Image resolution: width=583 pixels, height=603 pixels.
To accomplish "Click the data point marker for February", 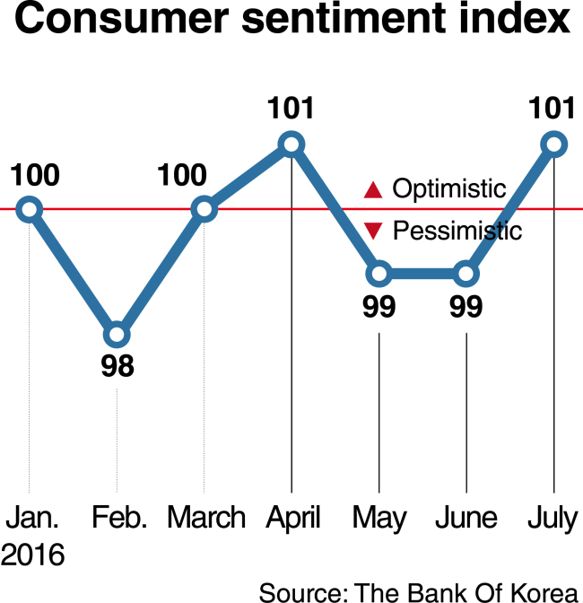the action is tap(117, 335).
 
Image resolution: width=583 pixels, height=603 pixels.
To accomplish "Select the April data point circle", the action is tap(291, 144).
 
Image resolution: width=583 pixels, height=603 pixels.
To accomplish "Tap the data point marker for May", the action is tap(379, 274).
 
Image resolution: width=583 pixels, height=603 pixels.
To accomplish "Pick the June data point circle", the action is tap(466, 274).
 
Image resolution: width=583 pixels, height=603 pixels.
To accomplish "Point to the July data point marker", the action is tap(553, 144).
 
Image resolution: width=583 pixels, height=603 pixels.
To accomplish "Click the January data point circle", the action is tap(30, 209).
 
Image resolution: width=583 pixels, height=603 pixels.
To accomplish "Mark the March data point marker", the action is tap(204, 209).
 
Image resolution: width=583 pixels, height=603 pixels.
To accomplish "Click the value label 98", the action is tap(117, 366).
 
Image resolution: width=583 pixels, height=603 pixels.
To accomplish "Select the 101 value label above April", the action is tap(291, 108).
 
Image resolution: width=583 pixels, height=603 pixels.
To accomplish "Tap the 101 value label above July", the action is tap(552, 108).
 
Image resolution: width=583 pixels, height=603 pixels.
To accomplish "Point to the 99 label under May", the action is tap(379, 307).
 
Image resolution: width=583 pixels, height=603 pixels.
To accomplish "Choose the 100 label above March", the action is tap(182, 175).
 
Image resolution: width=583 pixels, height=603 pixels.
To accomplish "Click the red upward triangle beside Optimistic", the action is tap(373, 190).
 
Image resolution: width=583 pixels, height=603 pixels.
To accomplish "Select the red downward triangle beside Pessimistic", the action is tap(373, 231).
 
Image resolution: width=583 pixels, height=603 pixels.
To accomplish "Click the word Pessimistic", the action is tap(457, 231).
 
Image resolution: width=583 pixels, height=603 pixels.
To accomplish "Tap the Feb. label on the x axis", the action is tap(119, 517).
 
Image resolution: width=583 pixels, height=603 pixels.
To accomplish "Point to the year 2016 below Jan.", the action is tap(32, 555).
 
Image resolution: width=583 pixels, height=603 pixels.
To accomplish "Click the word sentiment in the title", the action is tap(344, 19).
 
